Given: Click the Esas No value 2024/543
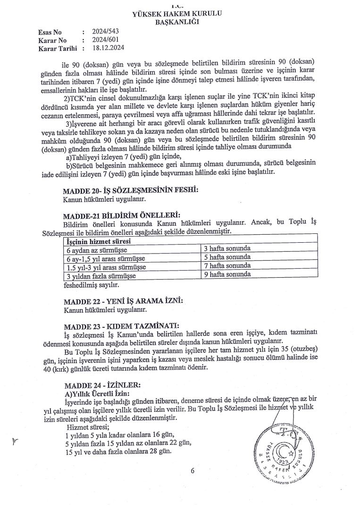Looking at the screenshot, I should click(105, 32).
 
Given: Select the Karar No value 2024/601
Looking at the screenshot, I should click(105, 40).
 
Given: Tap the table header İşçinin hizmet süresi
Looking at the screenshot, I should click(98, 241).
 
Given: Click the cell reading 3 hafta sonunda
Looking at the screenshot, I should click(227, 248).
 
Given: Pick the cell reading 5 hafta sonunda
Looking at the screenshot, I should click(227, 257).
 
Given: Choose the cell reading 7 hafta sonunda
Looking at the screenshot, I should click(227, 265).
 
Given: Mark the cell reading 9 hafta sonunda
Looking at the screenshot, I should click(227, 274).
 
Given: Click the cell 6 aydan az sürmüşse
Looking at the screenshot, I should click(97, 249).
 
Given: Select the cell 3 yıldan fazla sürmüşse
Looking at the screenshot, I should click(101, 276).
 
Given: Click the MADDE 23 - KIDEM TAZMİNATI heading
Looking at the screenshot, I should click(121, 325).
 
